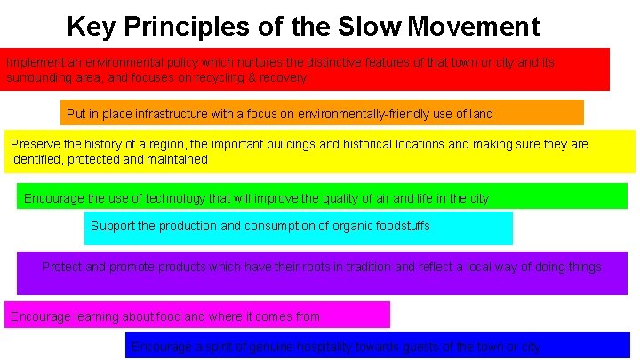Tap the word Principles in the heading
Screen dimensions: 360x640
point(199,27)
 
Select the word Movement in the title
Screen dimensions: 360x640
point(474,27)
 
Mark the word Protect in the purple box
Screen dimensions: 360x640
point(61,267)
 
